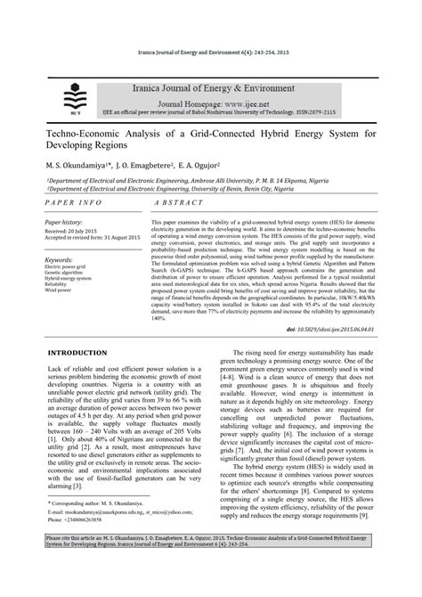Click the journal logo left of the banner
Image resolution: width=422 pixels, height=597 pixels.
click(70, 98)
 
